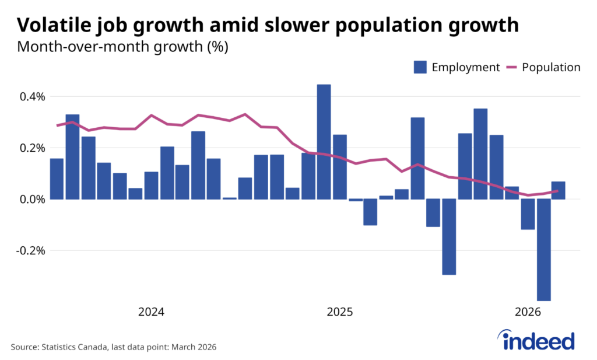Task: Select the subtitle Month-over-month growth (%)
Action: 122,47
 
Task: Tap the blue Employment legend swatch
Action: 420,67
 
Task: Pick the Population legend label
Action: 551,67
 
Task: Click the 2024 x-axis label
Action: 151,312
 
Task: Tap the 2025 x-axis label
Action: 340,312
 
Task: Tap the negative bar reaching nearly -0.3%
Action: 449,236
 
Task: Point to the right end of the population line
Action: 559,191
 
